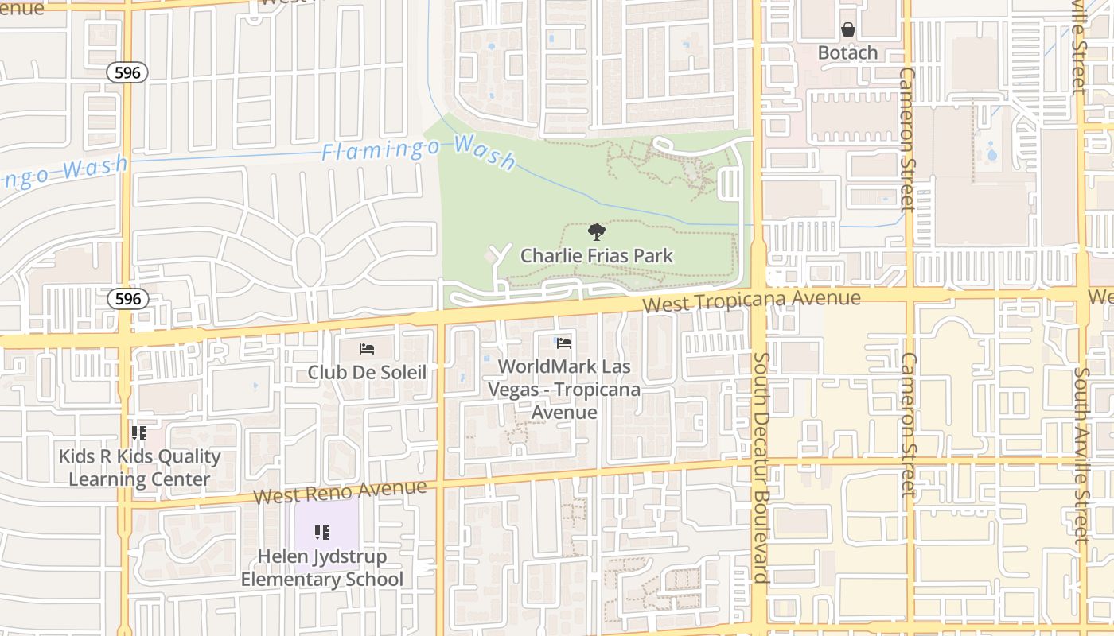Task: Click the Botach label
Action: (848, 53)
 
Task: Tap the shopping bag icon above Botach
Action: (848, 30)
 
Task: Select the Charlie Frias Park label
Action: (596, 256)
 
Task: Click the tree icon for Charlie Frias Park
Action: (596, 232)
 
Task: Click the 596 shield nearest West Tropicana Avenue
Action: (127, 299)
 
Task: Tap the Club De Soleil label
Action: (367, 372)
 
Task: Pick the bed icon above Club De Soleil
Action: (367, 348)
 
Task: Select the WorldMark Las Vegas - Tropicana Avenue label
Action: (564, 390)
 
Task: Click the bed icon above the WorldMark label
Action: (564, 343)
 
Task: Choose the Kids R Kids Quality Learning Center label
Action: (139, 468)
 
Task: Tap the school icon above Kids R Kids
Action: (139, 433)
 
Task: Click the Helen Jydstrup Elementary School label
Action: (322, 568)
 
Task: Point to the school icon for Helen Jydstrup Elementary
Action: (322, 533)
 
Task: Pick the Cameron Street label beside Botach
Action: (908, 139)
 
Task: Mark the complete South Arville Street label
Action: (1081, 455)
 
